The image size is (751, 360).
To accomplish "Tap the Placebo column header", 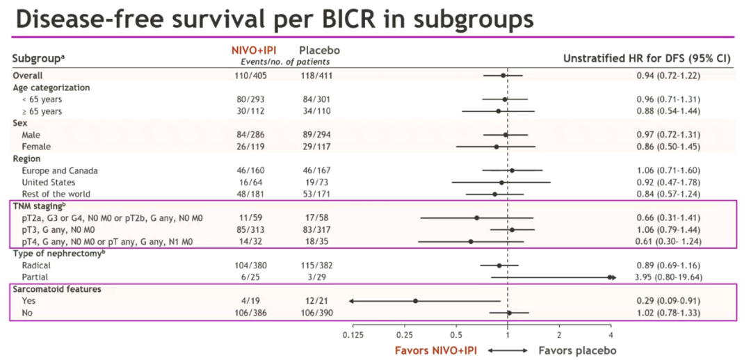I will pos(319,51).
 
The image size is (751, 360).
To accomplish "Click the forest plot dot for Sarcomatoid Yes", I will pos(415,301).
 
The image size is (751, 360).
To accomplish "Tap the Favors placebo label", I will pos(577,350).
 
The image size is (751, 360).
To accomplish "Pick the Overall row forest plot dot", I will pos(503,75).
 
